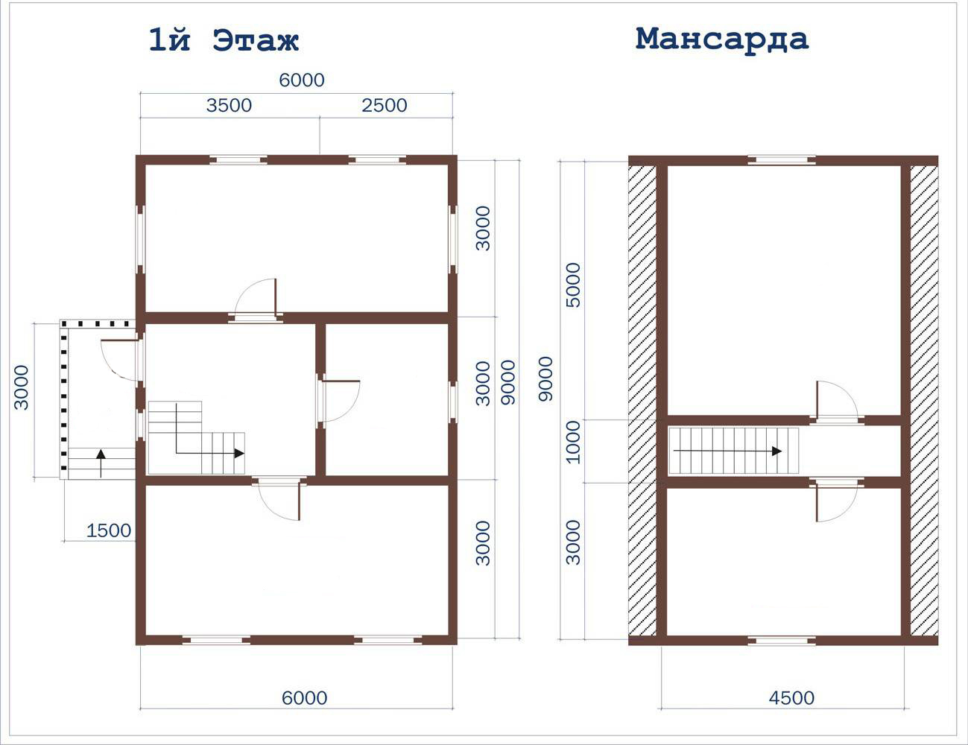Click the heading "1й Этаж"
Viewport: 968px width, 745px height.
(x=224, y=40)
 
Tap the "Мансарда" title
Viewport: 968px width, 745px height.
(x=721, y=40)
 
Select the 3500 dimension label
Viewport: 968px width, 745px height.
(x=229, y=106)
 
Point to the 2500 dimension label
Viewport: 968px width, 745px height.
(x=384, y=106)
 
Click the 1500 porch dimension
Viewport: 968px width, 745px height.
(x=109, y=530)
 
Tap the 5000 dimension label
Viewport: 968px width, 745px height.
(x=573, y=285)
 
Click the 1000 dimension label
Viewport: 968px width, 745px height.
(x=573, y=442)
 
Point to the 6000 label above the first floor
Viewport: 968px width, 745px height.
(x=302, y=80)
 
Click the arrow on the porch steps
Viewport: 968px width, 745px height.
(x=101, y=463)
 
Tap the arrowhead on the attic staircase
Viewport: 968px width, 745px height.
(x=776, y=451)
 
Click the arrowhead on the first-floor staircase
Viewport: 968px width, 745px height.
(x=239, y=453)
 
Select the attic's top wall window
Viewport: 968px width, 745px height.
(x=782, y=160)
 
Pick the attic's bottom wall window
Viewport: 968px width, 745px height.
(x=782, y=641)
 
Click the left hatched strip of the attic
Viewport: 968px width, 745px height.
(x=642, y=401)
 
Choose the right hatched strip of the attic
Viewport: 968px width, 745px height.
(x=924, y=401)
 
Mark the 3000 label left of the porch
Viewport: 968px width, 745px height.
(x=22, y=387)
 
